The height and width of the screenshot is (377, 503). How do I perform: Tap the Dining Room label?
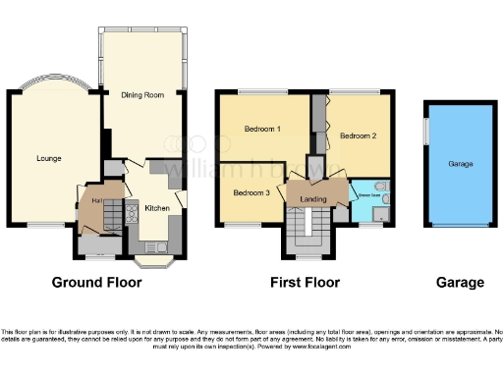point(140,95)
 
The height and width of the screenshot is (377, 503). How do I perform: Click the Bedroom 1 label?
point(263,129)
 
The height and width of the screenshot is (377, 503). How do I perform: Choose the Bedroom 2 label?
point(359,136)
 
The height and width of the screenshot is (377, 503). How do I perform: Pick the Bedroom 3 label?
point(251,191)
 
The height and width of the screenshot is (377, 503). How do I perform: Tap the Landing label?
point(313,200)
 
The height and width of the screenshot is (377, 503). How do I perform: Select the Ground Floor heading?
point(96,283)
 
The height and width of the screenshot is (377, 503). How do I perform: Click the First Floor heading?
point(306,283)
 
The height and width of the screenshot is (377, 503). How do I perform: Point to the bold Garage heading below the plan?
point(461,283)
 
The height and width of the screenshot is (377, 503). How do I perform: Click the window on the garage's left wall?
point(425,132)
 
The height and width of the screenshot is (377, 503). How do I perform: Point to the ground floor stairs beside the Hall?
point(112,212)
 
